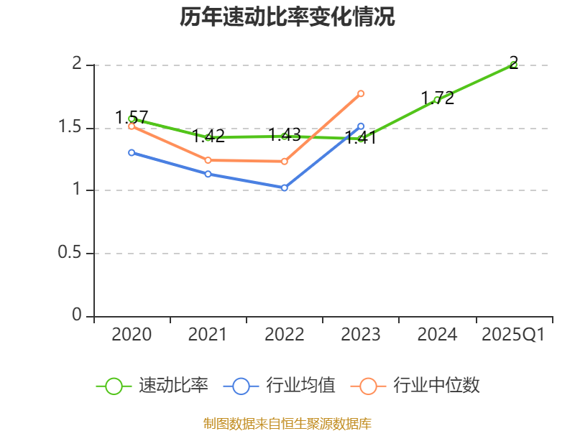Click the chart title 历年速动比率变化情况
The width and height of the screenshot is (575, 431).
pos(287,17)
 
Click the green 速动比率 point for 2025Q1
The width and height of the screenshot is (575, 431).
pos(513,65)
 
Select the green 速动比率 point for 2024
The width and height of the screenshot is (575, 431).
pos(437,100)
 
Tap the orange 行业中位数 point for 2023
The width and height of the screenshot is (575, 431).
pos(361,93)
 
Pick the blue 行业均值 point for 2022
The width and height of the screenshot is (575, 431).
pos(285,187)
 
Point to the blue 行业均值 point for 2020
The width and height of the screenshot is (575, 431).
pos(132,152)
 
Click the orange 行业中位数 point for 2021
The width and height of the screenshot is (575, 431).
pos(208,160)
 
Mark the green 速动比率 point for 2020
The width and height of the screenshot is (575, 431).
pos(132,119)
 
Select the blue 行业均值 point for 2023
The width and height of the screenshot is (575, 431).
pos(361,126)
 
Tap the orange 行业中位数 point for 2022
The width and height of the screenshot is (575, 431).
pos(285,162)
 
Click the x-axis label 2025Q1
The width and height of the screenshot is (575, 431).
pos(513,335)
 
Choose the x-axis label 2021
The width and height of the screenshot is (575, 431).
pos(208,335)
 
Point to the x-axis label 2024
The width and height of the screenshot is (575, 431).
pos(437,335)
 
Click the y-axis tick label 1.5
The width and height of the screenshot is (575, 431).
pos(71,128)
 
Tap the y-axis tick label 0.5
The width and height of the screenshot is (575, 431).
pos(71,254)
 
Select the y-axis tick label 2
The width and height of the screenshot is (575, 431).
pos(78,65)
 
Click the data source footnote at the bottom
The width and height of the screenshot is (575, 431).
pos(287,423)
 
